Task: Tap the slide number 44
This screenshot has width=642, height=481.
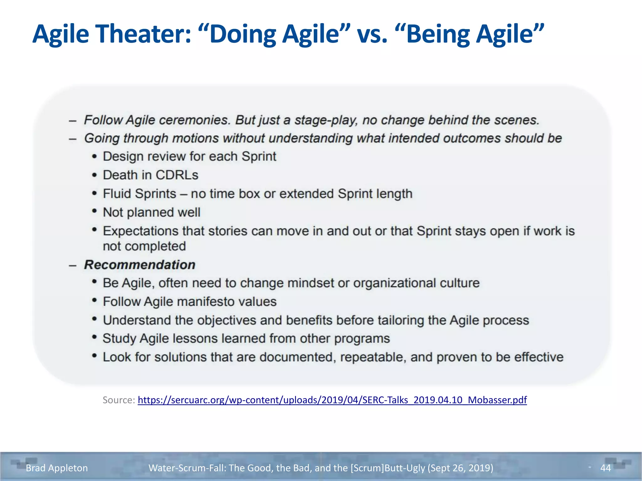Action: point(605,468)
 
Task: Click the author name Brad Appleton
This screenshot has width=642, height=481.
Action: point(57,468)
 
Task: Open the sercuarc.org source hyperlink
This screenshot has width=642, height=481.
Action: point(332,400)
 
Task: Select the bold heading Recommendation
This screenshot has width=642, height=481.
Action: point(139,265)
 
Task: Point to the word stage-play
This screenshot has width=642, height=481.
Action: point(326,120)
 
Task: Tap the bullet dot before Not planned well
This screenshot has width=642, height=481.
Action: point(94,211)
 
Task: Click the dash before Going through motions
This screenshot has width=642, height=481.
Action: point(73,139)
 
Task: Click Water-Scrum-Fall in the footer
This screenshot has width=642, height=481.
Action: point(186,468)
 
